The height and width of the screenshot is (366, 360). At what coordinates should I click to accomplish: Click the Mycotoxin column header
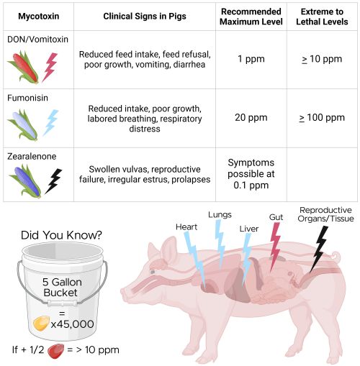39,17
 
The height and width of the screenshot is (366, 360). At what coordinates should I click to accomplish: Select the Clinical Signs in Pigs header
145,17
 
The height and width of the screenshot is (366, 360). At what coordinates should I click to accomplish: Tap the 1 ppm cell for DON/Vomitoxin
251,59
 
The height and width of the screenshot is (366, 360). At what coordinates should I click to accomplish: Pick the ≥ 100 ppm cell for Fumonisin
322,118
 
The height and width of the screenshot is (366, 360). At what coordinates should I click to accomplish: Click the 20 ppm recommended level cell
251,118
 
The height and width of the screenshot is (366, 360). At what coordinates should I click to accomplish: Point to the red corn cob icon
24,67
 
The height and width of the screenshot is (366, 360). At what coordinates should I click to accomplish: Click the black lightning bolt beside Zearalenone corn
53,181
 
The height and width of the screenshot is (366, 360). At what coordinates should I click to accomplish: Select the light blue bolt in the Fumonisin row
51,122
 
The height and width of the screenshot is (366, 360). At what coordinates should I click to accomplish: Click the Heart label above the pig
186,227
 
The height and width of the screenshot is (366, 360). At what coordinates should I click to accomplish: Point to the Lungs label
220,215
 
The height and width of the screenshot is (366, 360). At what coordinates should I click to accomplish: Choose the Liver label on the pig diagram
249,229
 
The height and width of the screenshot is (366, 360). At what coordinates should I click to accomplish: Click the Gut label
276,217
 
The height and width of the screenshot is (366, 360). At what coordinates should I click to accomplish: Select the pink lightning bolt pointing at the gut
275,247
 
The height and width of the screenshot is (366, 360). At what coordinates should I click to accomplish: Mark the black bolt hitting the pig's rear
318,250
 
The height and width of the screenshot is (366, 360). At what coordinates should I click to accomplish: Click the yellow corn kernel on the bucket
41,324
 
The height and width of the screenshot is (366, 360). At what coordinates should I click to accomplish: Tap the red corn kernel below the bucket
56,351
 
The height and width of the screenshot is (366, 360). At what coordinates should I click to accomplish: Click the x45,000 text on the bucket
72,324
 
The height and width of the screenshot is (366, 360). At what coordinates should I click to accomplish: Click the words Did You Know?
61,235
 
